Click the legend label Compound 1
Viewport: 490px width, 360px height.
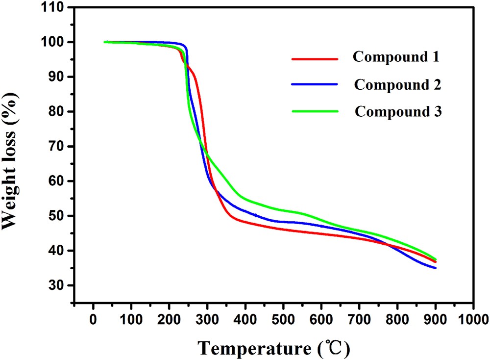point(396,57)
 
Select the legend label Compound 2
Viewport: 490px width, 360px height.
point(398,84)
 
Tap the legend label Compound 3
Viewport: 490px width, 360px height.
point(398,111)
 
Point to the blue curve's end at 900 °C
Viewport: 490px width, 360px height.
point(435,268)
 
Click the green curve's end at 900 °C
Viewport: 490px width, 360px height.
point(435,259)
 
